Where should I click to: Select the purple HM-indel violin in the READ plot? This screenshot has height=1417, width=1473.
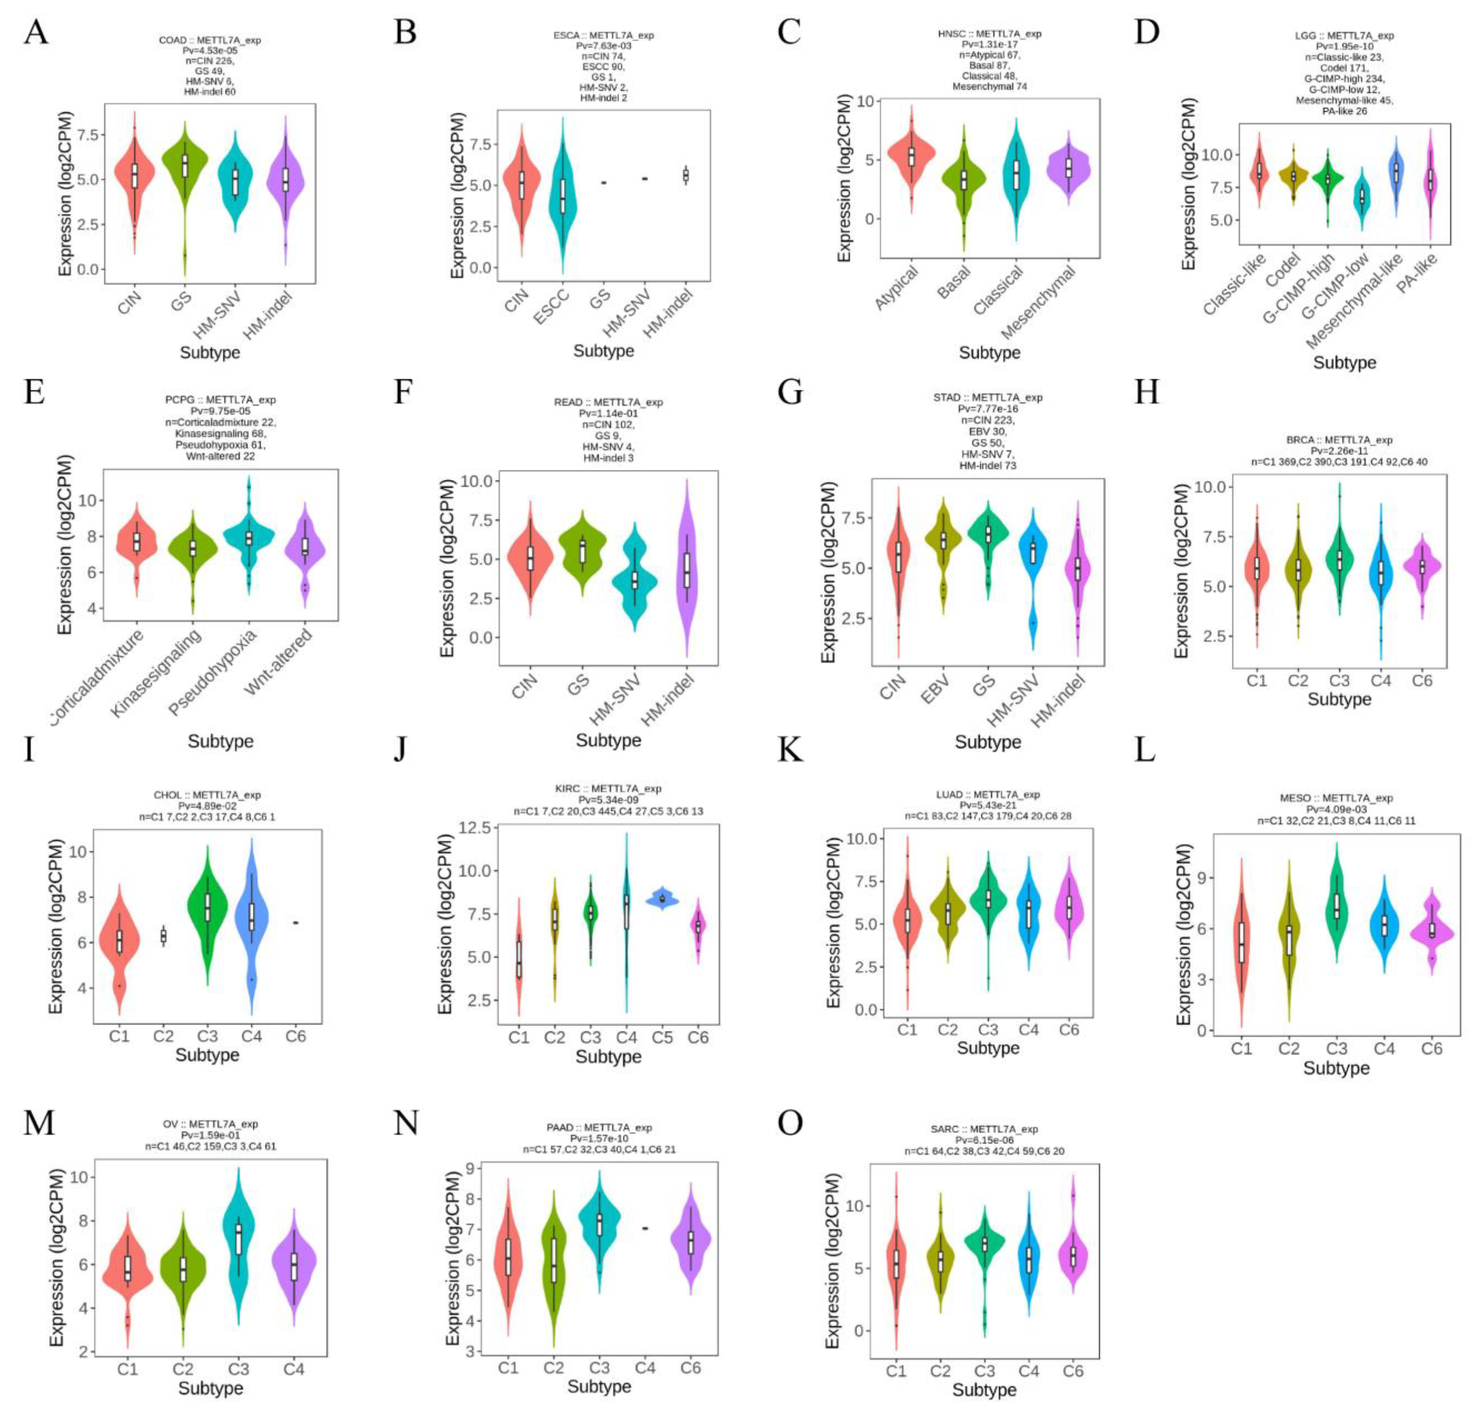[686, 571]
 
